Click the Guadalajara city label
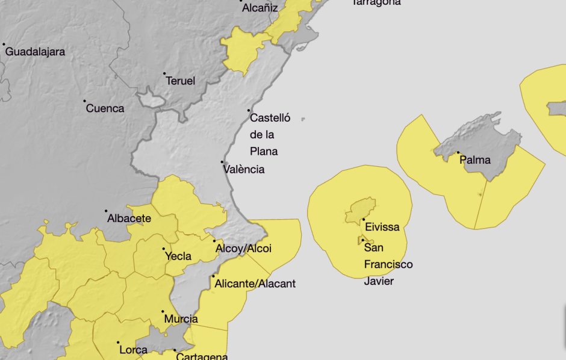click(35, 52)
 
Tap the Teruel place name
click(180, 81)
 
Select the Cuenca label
click(105, 108)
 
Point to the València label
click(243, 169)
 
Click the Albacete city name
click(129, 219)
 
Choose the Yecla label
click(178, 256)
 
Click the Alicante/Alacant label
click(255, 283)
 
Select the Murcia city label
click(181, 318)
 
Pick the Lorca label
click(133, 350)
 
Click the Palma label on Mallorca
click(474, 160)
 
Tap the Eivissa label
click(382, 227)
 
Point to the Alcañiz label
click(260, 8)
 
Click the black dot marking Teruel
click(164, 73)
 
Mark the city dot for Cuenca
click(84, 101)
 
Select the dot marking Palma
click(458, 153)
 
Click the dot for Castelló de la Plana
click(249, 110)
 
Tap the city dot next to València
click(222, 161)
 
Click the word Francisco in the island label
click(388, 264)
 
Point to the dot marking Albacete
click(106, 211)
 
